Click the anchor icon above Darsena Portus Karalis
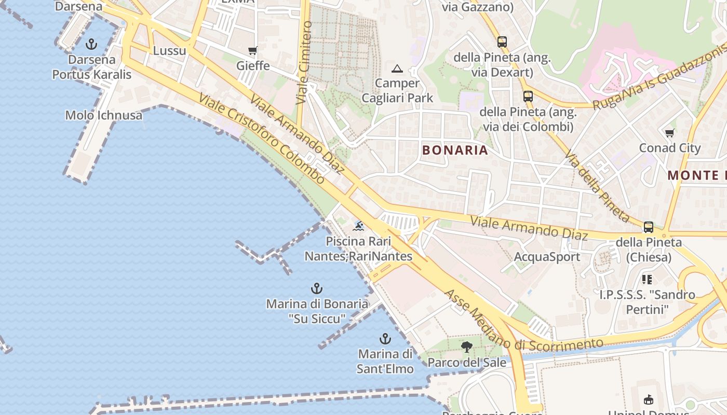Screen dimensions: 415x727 [x=91, y=44]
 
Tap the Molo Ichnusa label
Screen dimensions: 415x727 [x=103, y=115]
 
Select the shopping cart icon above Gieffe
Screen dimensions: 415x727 [x=253, y=50]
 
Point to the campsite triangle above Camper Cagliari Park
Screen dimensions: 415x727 [x=397, y=68]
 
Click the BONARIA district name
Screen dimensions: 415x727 [x=455, y=150]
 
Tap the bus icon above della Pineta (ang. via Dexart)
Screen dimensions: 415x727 [x=502, y=42]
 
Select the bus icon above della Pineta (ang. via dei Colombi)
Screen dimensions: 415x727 [x=528, y=96]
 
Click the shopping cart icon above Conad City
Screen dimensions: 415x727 [x=670, y=133]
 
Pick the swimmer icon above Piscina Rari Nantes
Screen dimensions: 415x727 [x=358, y=226]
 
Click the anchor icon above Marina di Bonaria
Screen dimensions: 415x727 [x=316, y=288]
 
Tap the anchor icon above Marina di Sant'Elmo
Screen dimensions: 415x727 [x=385, y=339]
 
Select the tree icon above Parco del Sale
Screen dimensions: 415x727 [x=466, y=347]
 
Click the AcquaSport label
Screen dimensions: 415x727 [x=547, y=257]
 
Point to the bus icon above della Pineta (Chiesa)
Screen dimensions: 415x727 [x=649, y=227]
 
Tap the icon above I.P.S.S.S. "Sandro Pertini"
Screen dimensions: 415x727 [x=647, y=280]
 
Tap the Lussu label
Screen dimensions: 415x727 [x=169, y=51]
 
